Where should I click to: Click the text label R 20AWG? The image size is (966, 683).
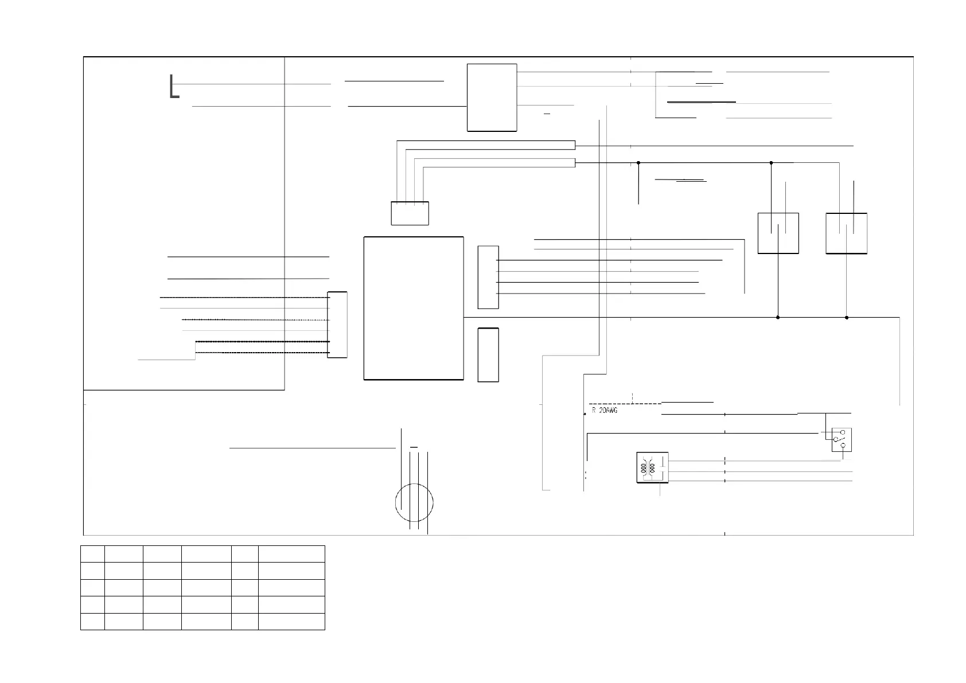point(605,411)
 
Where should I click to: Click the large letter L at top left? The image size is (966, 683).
point(174,87)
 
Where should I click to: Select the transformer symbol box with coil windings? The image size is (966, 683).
point(652,467)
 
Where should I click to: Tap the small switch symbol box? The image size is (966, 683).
point(841,440)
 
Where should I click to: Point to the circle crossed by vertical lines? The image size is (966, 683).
point(414,502)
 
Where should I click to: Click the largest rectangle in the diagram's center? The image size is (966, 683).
point(414,308)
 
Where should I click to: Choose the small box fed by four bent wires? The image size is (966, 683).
point(410,213)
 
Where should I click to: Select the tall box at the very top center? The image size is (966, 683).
point(492,97)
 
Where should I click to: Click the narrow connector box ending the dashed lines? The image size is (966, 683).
point(337,325)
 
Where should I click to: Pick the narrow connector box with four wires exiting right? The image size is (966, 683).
point(488,277)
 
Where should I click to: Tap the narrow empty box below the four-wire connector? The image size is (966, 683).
point(488,355)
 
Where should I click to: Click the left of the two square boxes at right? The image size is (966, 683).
point(778,233)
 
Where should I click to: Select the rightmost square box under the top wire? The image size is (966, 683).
point(846,233)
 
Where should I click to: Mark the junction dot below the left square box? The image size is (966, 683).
point(778,317)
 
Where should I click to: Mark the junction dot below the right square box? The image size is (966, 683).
point(847,317)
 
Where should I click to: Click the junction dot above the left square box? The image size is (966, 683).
point(771,163)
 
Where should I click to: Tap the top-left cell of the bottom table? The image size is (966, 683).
point(92,554)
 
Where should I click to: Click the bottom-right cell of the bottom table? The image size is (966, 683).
point(291,622)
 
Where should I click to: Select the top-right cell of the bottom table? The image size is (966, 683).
point(291,554)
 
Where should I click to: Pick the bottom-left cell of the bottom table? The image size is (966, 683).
point(92,622)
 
